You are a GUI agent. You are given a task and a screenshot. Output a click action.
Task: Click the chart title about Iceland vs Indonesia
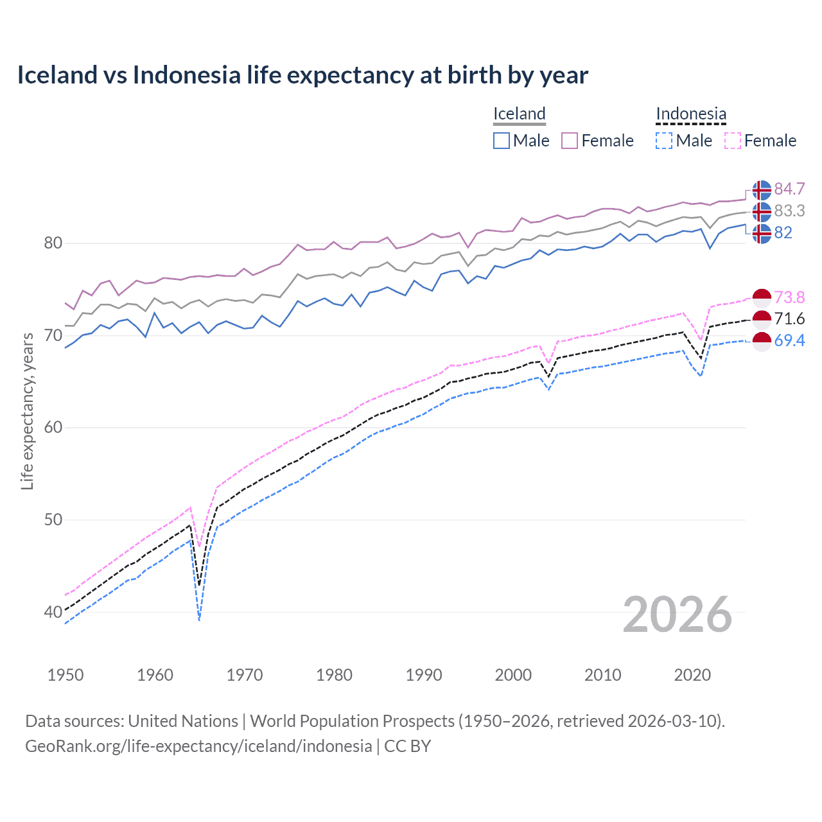[x=302, y=75]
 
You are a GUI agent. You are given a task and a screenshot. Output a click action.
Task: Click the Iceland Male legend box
[x=502, y=141]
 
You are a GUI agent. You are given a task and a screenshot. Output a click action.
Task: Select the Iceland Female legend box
[x=570, y=141]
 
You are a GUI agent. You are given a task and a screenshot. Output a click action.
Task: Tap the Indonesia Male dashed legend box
[x=664, y=141]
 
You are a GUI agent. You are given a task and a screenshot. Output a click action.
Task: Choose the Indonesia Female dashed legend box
[x=733, y=141]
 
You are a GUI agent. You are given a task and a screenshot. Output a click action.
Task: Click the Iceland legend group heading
[x=519, y=114]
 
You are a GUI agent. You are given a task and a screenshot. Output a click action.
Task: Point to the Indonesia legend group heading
[x=691, y=114]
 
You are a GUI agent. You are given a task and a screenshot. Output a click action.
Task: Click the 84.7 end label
[x=789, y=189]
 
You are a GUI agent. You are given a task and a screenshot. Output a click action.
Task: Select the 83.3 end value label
[x=789, y=211]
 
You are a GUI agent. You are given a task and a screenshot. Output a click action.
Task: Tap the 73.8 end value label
[x=789, y=297]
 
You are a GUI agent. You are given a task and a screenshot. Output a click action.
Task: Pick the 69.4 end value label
[x=789, y=340]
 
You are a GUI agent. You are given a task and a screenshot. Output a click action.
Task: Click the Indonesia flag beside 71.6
[x=762, y=319]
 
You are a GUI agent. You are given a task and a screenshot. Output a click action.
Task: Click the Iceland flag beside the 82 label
[x=762, y=233]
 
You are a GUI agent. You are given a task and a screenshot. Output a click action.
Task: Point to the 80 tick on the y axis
[x=53, y=243]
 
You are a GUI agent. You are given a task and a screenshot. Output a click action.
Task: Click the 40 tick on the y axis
[x=53, y=612]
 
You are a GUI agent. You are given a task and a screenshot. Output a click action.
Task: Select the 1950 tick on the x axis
[x=66, y=675]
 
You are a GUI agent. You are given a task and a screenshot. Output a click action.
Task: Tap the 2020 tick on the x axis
[x=692, y=675]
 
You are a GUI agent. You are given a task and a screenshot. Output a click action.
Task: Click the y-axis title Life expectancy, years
[x=27, y=411]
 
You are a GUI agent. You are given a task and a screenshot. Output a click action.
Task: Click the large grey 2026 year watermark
[x=677, y=615]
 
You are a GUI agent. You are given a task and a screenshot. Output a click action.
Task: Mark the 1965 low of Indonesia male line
[x=199, y=620]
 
